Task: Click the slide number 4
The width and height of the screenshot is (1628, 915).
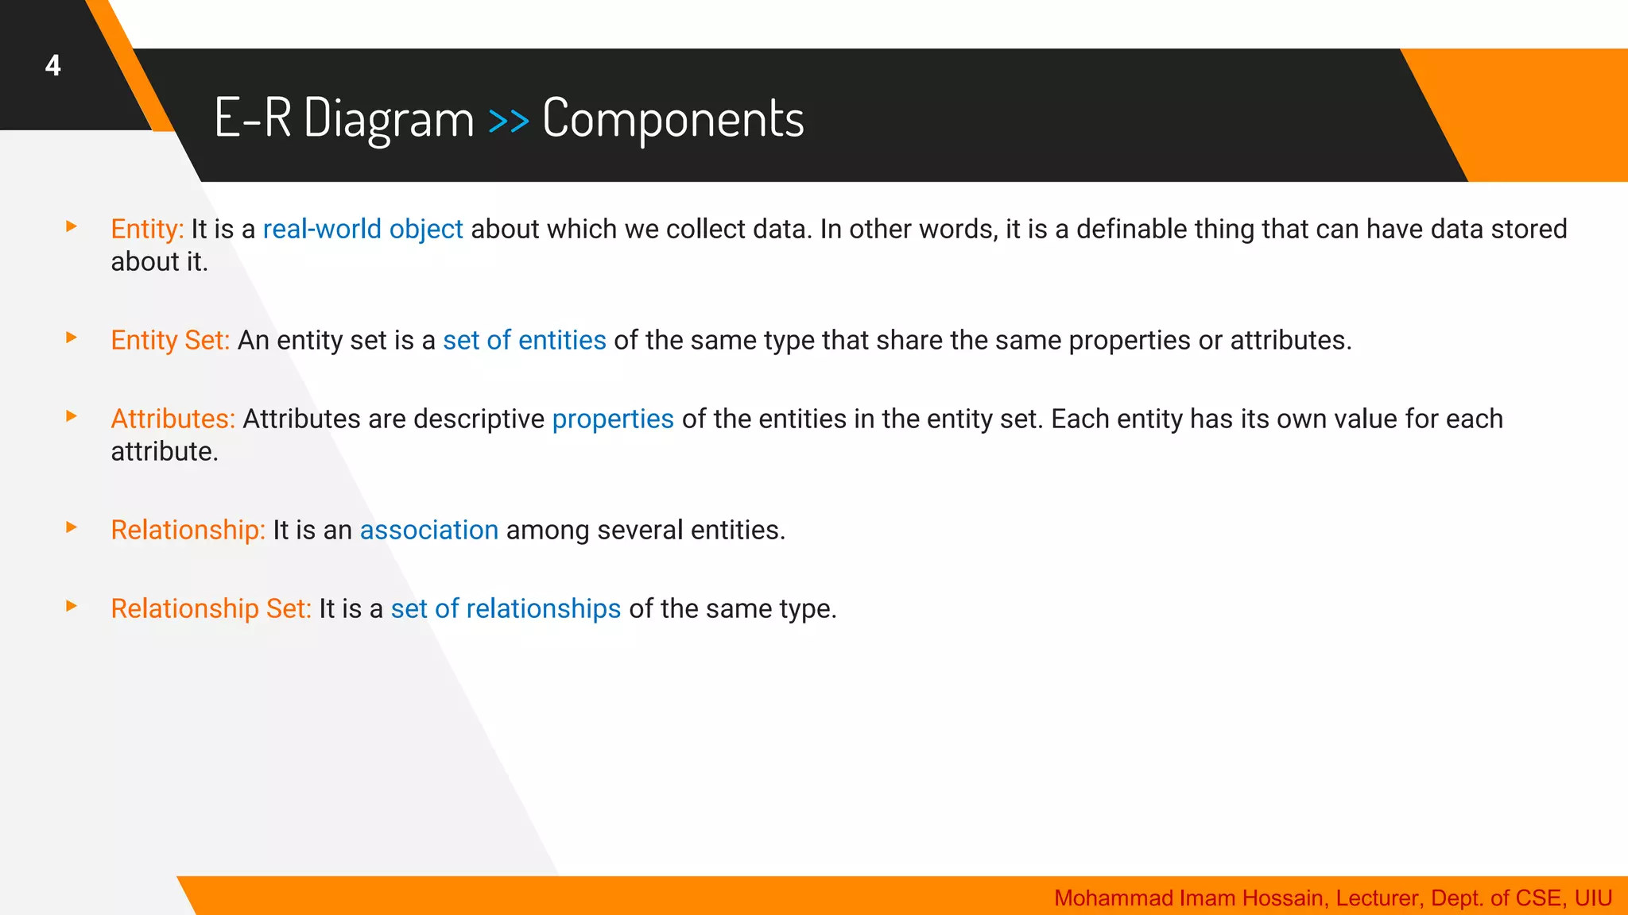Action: (52, 65)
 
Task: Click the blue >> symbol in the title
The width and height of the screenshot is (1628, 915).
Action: (508, 121)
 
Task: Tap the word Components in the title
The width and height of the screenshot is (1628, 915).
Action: (673, 118)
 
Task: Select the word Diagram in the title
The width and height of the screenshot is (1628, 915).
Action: (388, 118)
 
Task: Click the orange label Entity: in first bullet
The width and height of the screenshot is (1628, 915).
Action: (147, 229)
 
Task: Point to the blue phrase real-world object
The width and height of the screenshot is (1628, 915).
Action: (362, 229)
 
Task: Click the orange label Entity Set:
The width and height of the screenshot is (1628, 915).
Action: (170, 340)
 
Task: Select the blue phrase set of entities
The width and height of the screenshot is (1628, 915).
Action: (524, 340)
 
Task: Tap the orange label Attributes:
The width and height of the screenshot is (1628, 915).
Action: (172, 419)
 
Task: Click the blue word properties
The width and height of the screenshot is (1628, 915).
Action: (612, 419)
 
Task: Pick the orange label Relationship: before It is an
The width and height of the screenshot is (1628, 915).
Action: (188, 530)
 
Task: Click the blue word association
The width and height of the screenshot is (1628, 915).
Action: (428, 530)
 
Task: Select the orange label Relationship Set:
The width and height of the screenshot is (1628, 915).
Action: (211, 608)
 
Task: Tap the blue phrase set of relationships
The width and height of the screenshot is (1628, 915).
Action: (506, 608)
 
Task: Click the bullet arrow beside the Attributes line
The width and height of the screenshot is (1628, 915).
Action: (72, 416)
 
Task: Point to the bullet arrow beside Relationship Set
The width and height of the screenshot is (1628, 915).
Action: (72, 606)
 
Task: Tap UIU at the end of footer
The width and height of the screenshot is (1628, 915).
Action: (1592, 898)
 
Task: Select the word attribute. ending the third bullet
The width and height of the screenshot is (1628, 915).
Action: (164, 452)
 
